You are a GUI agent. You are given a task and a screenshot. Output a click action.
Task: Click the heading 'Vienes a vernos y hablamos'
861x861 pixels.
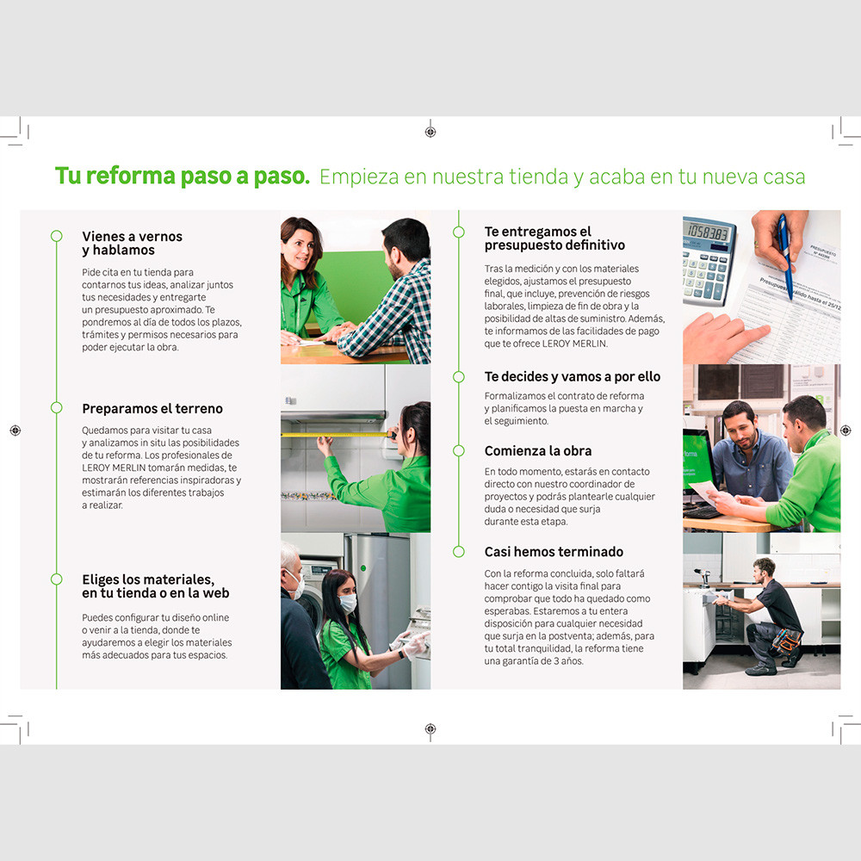[x=133, y=244]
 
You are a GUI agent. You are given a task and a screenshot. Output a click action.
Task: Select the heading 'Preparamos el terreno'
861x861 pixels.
[x=152, y=408]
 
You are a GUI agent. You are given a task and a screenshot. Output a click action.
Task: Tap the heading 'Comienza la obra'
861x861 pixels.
[x=537, y=451]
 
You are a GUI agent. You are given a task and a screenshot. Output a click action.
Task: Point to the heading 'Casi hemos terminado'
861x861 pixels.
[x=554, y=552]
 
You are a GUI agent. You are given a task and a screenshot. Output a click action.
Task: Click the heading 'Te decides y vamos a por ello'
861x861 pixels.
[x=573, y=377]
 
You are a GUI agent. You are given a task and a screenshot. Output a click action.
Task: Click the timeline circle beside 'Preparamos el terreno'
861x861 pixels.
[x=57, y=407]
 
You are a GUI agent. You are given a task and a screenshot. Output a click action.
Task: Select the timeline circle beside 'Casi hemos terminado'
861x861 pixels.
[x=459, y=552]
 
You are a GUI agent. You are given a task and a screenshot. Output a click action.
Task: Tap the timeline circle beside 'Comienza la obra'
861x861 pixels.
[x=459, y=451]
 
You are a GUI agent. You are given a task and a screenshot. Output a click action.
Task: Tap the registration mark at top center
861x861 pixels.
[x=430, y=132]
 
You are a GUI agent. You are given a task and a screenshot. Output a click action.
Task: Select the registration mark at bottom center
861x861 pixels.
[x=430, y=728]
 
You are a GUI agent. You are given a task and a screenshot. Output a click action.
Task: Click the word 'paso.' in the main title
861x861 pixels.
[x=282, y=177]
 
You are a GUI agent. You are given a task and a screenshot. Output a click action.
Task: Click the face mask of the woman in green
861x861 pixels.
[x=348, y=603]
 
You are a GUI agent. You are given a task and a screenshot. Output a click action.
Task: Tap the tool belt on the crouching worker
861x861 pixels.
[x=786, y=640]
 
